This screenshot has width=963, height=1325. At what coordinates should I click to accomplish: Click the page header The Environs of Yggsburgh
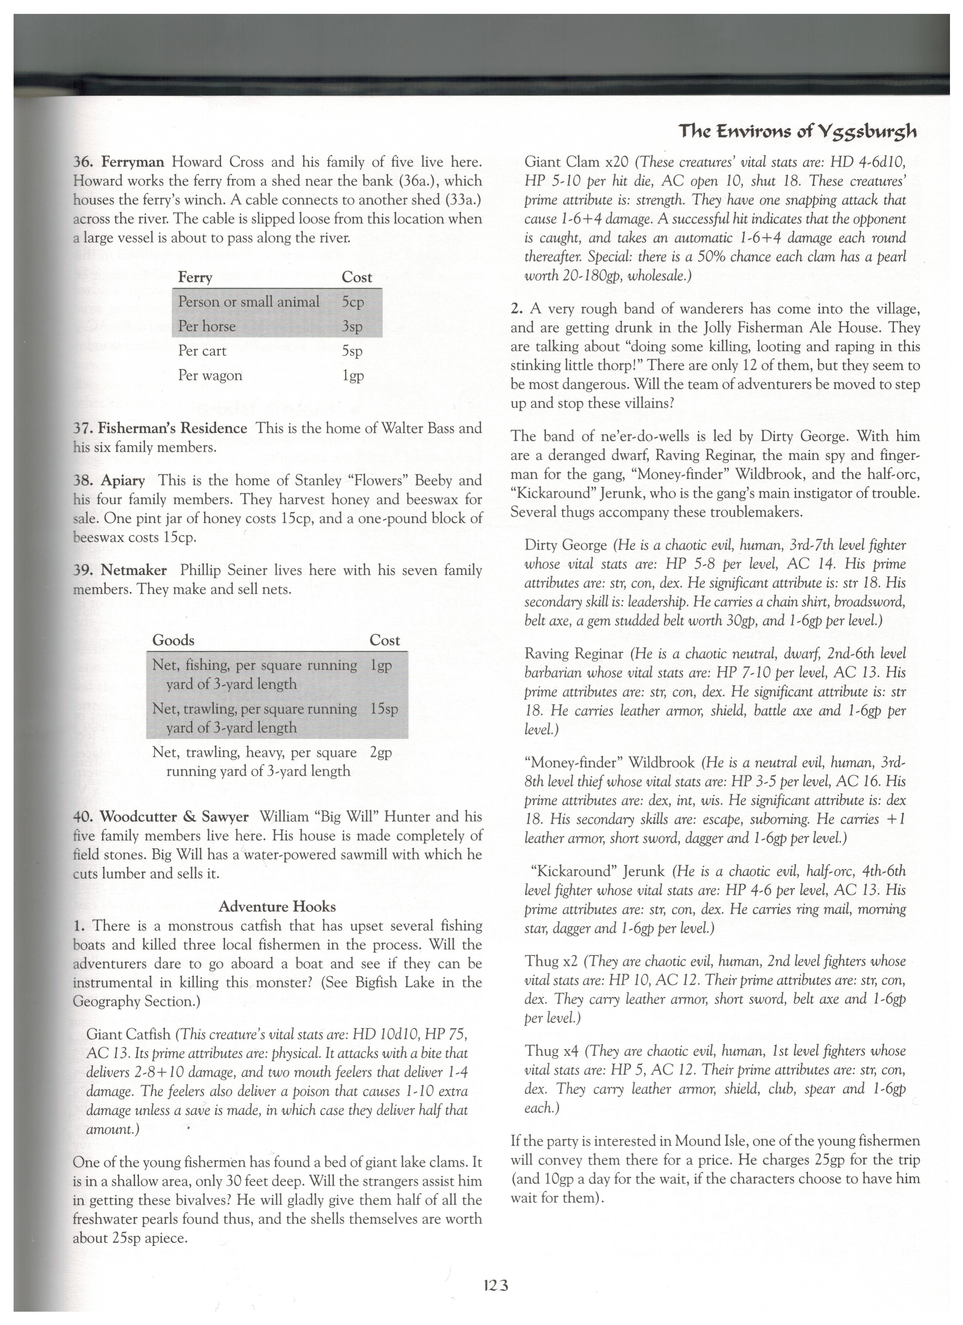(x=797, y=132)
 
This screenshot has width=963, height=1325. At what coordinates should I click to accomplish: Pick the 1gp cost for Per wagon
(x=353, y=376)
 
